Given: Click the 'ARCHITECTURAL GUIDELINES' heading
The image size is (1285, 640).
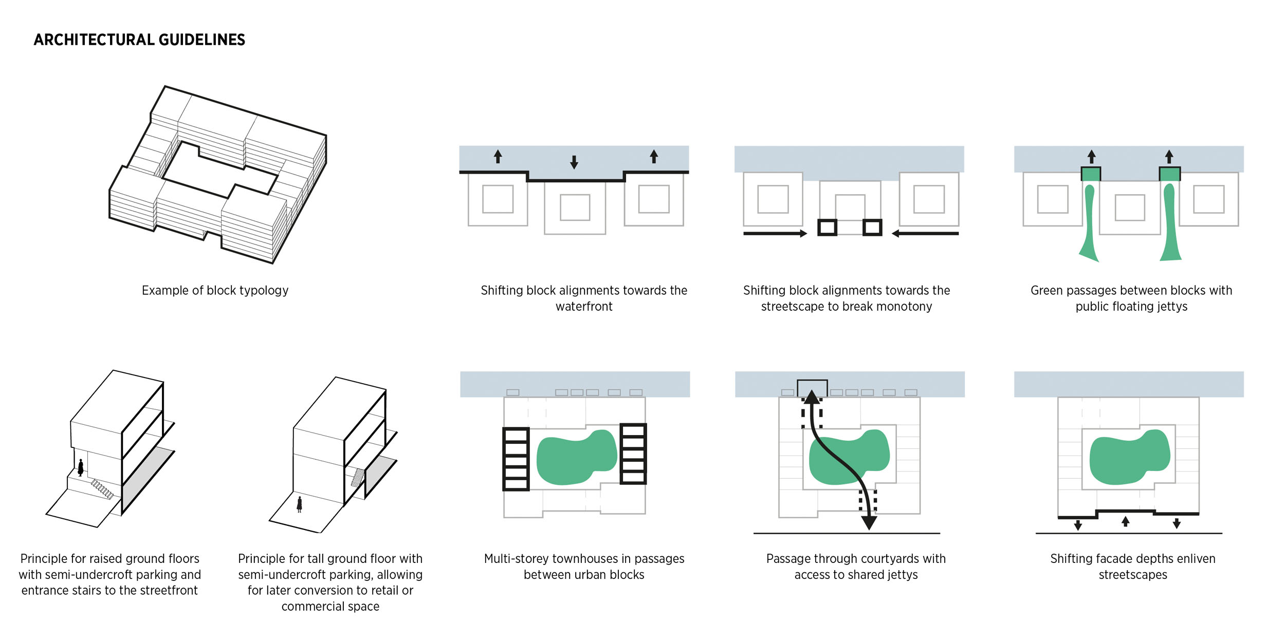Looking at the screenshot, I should click(x=139, y=40).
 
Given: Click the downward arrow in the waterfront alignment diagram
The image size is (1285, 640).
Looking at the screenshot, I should click(x=574, y=162).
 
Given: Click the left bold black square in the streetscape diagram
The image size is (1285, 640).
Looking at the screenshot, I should click(x=827, y=227).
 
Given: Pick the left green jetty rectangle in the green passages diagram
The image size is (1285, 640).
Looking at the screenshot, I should click(x=1091, y=174).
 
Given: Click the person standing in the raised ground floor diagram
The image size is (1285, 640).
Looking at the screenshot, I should click(x=81, y=467).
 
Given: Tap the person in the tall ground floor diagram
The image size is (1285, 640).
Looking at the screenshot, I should click(x=300, y=504).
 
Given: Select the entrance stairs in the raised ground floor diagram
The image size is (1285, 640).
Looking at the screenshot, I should click(x=102, y=489).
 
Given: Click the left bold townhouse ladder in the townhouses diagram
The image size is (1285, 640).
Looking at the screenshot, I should click(x=516, y=459).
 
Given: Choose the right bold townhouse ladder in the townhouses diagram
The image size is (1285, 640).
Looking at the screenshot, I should click(x=633, y=454).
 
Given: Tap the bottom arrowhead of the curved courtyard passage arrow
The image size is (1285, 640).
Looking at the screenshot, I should click(x=869, y=523).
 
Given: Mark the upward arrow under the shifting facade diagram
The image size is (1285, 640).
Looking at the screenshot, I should click(x=1126, y=521).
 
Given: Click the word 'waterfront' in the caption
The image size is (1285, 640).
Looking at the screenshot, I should click(x=584, y=307).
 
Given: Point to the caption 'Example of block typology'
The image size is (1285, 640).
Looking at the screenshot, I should click(x=215, y=291).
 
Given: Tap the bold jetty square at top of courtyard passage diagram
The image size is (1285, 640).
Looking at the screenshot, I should click(x=812, y=388).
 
